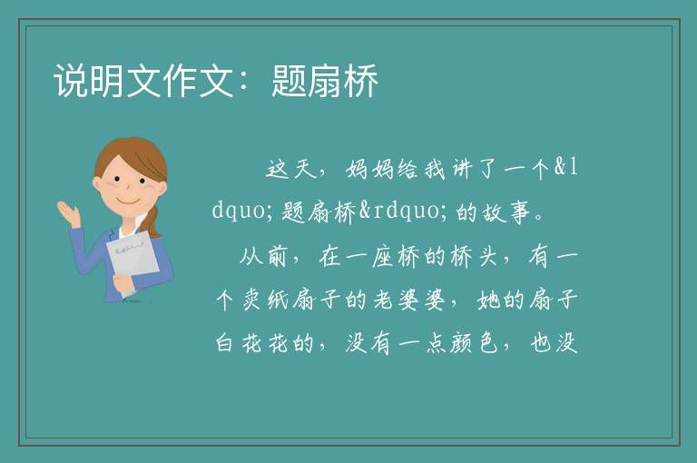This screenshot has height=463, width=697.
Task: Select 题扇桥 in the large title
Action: click(x=325, y=81)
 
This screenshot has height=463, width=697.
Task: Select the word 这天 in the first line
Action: click(x=291, y=169)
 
